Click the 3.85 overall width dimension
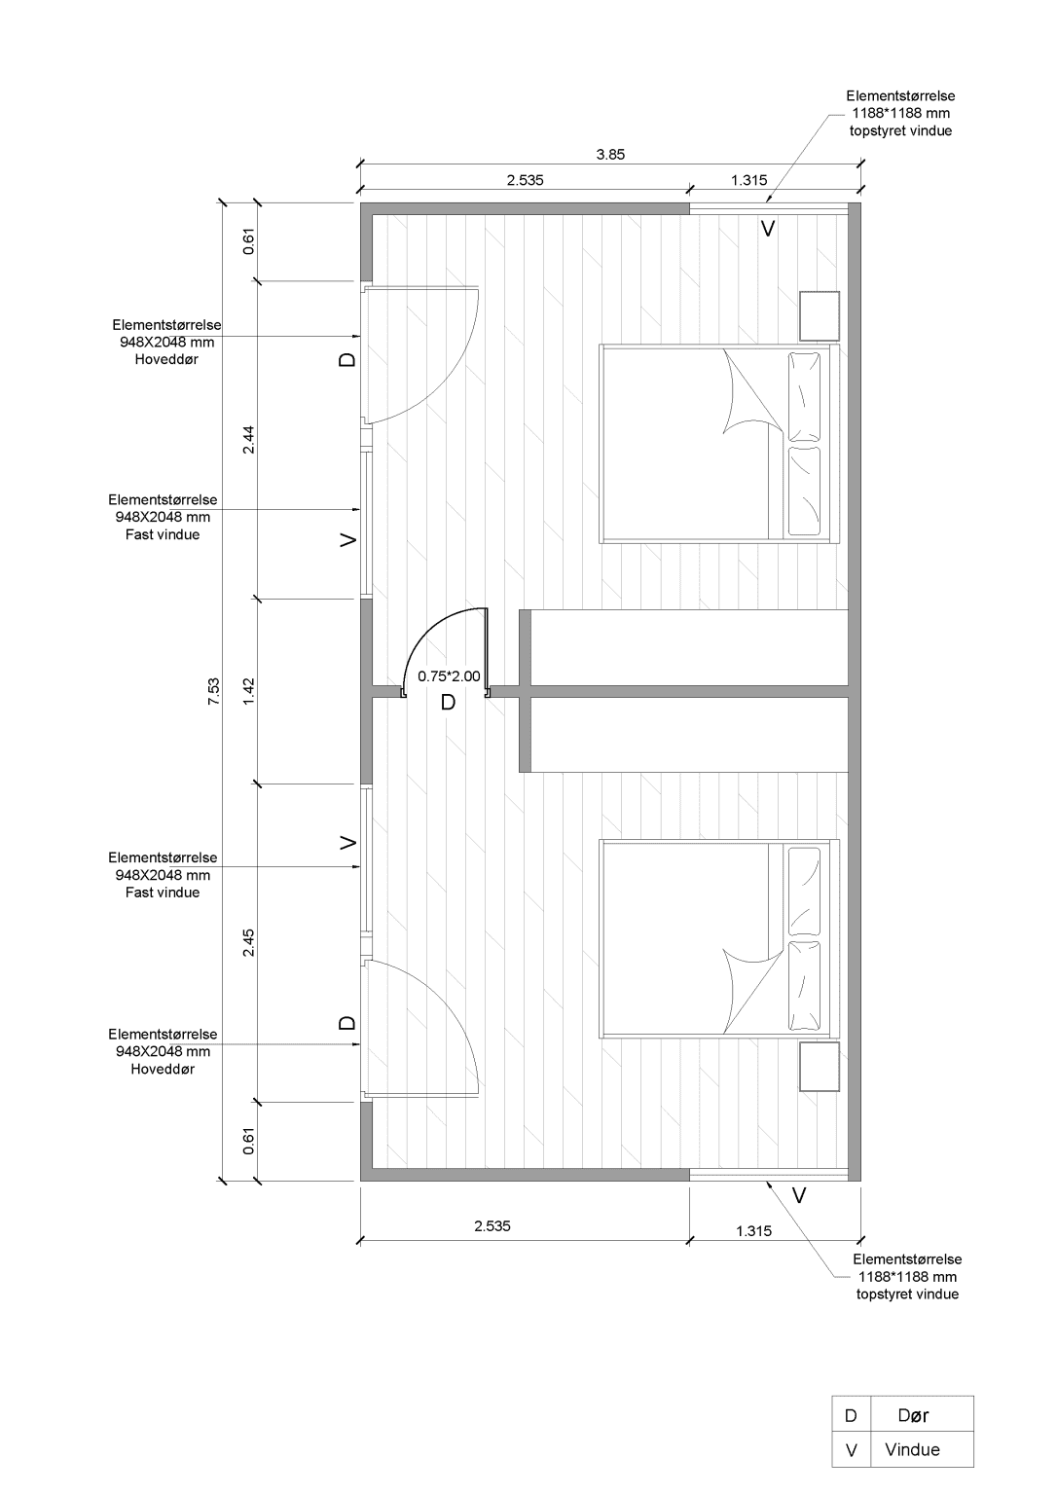(x=610, y=154)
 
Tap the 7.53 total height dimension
(x=214, y=692)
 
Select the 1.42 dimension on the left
(x=249, y=691)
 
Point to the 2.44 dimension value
(x=249, y=439)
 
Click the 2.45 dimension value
(x=249, y=942)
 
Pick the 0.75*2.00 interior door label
(x=449, y=675)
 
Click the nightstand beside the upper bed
(x=819, y=314)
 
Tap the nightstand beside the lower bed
(x=819, y=1067)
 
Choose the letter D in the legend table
(x=851, y=1415)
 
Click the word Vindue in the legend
(x=912, y=1449)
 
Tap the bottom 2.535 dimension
(x=492, y=1226)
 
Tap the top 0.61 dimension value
(x=249, y=241)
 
